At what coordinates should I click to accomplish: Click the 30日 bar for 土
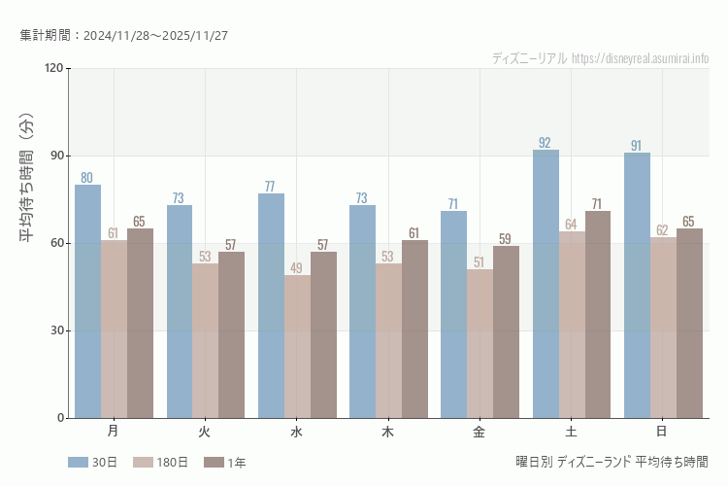(546, 284)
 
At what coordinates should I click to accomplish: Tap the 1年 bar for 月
(140, 323)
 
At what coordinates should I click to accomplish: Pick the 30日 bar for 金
(453, 314)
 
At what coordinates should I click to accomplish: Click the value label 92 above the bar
(546, 143)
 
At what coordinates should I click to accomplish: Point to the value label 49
(297, 268)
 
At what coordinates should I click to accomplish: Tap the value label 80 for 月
(87, 178)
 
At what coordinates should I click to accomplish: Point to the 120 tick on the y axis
(52, 68)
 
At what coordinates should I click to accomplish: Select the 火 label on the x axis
(205, 431)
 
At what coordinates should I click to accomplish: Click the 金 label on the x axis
(480, 431)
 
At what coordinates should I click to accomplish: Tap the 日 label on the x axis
(662, 431)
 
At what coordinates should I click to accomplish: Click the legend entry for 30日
(92, 463)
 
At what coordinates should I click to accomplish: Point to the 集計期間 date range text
(123, 36)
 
